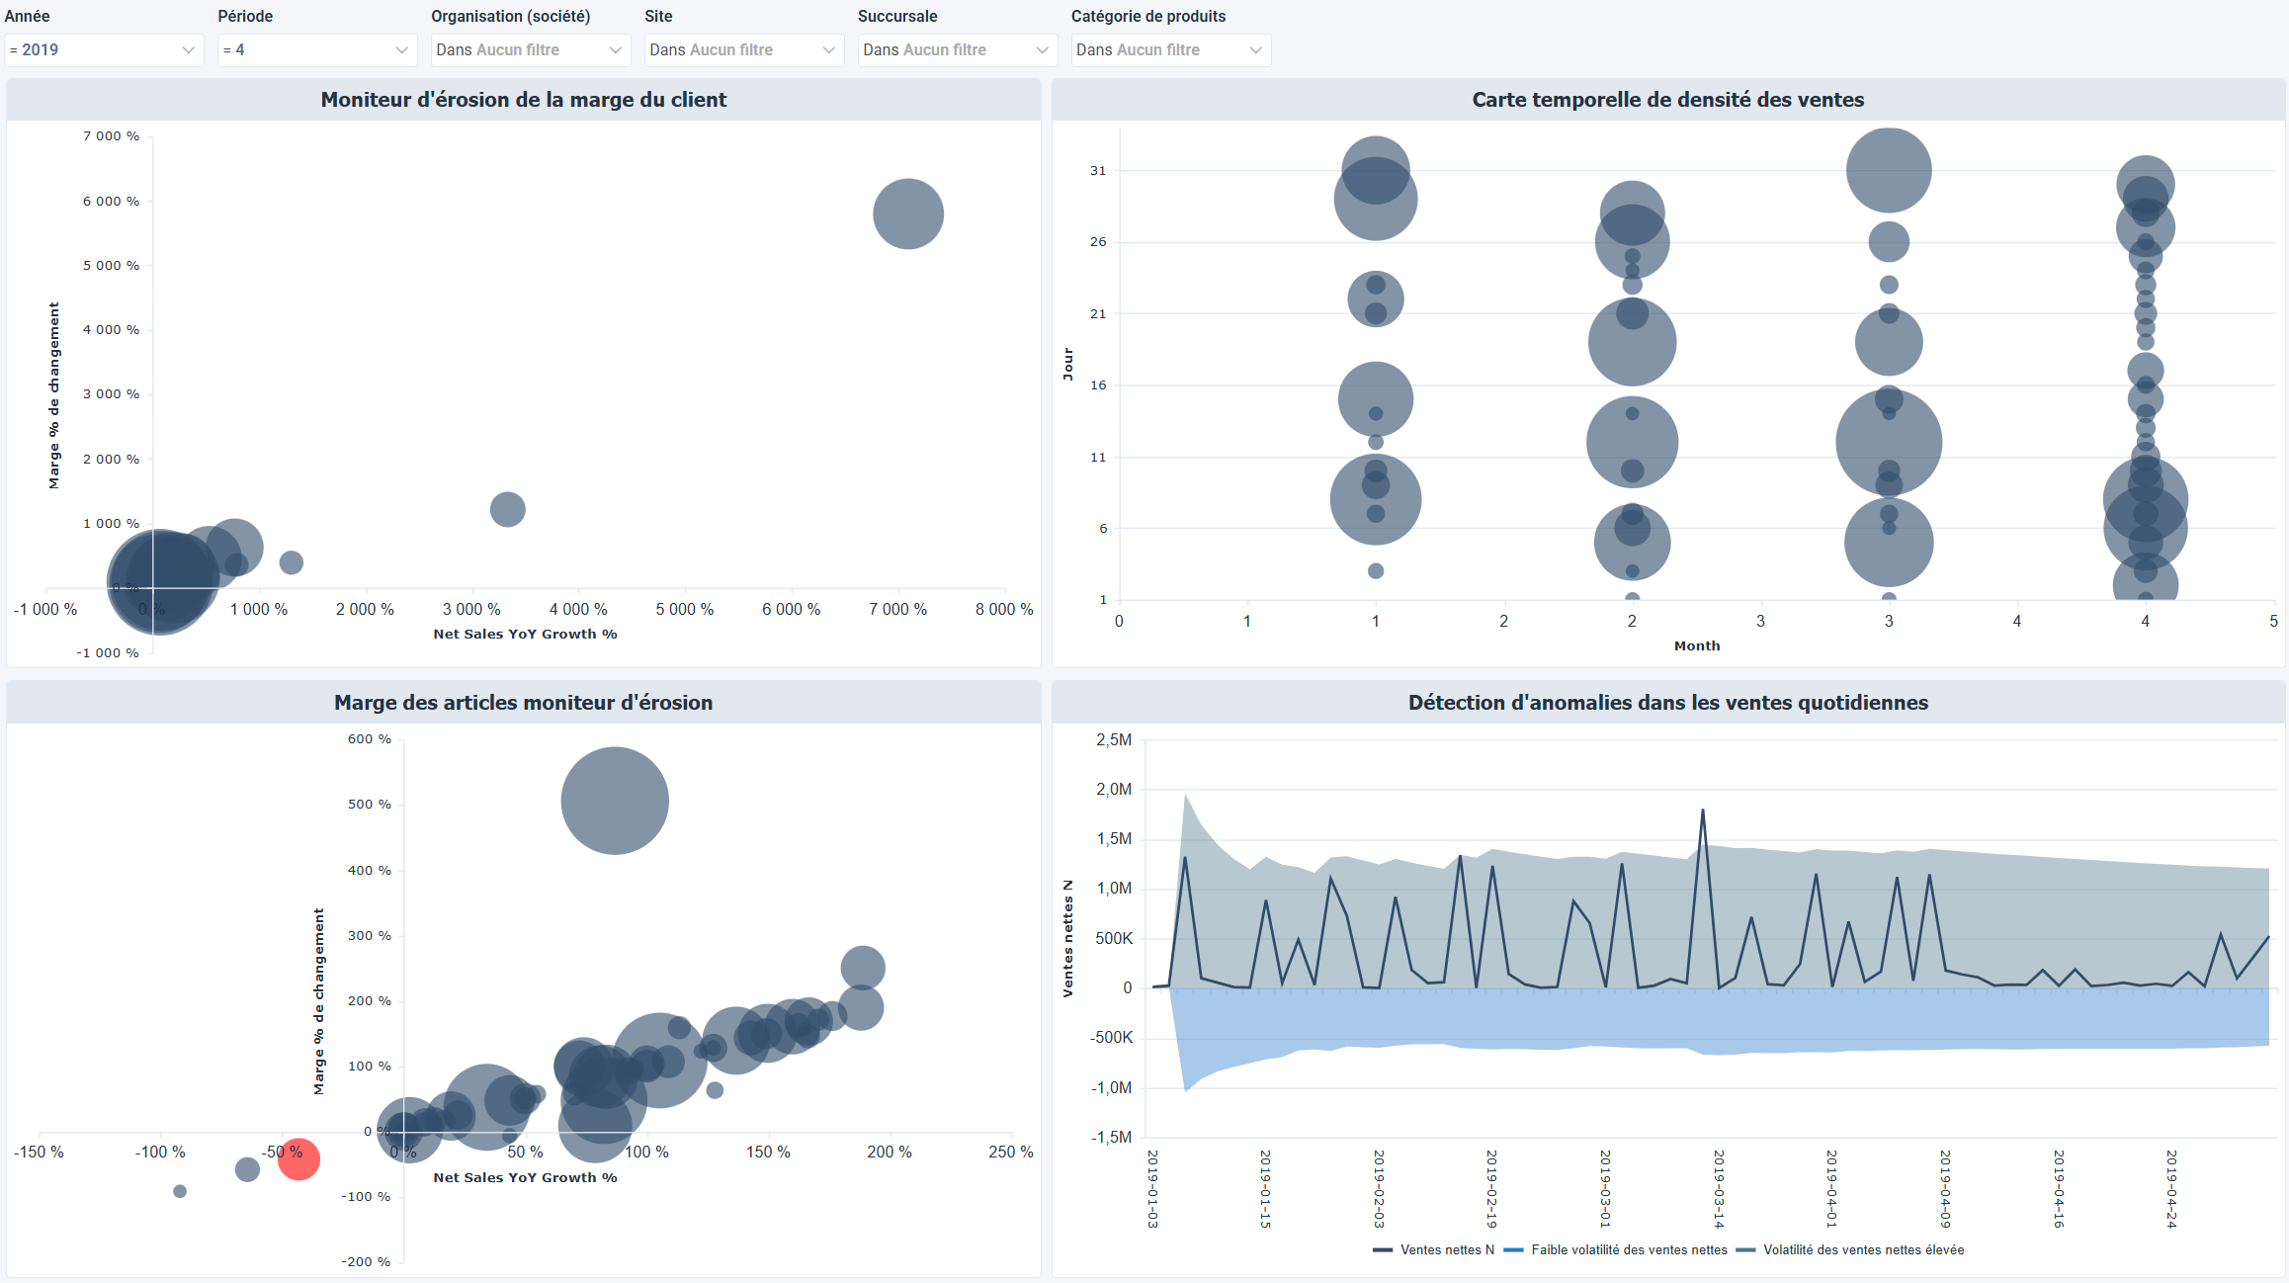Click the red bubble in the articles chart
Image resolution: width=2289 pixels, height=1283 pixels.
(x=298, y=1158)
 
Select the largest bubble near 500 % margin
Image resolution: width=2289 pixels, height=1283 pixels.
(x=615, y=801)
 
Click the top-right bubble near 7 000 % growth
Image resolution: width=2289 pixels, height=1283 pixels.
(x=907, y=214)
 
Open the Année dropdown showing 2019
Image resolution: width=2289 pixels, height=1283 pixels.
(x=104, y=50)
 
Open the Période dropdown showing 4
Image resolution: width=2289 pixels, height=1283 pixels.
(x=316, y=50)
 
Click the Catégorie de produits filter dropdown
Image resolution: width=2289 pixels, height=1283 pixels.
(x=1170, y=50)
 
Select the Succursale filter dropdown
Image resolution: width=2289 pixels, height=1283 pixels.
(x=957, y=50)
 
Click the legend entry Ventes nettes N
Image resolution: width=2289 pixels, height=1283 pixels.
(x=1434, y=1249)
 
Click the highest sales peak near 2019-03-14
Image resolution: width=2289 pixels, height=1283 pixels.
(x=1703, y=812)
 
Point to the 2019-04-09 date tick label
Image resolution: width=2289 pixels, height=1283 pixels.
(x=1945, y=1188)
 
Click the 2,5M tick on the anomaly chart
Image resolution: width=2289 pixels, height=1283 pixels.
(x=1114, y=739)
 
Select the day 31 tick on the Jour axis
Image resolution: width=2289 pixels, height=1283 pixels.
(x=1098, y=171)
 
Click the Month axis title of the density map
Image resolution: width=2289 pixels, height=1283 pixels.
(x=1696, y=645)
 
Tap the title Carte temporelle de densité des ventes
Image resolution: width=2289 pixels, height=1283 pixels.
(x=1667, y=100)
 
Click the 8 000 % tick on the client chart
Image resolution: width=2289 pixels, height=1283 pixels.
(x=1003, y=609)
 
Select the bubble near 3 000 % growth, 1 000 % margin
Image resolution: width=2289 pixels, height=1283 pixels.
(x=507, y=509)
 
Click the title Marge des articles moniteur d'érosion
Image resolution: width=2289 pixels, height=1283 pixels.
(x=523, y=703)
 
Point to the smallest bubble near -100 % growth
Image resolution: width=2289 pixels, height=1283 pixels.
(x=180, y=1191)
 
